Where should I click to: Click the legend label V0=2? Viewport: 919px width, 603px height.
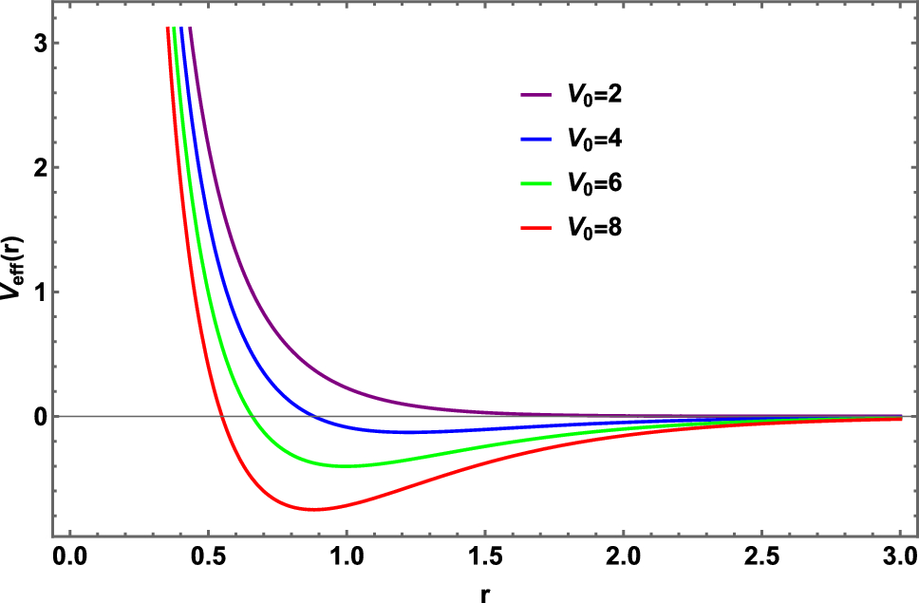point(595,95)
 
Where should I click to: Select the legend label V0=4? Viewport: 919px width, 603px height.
point(595,140)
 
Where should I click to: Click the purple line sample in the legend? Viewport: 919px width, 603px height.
point(536,95)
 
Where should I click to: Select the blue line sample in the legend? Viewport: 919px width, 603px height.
point(536,140)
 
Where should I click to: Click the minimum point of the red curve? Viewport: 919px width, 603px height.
point(313,510)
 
